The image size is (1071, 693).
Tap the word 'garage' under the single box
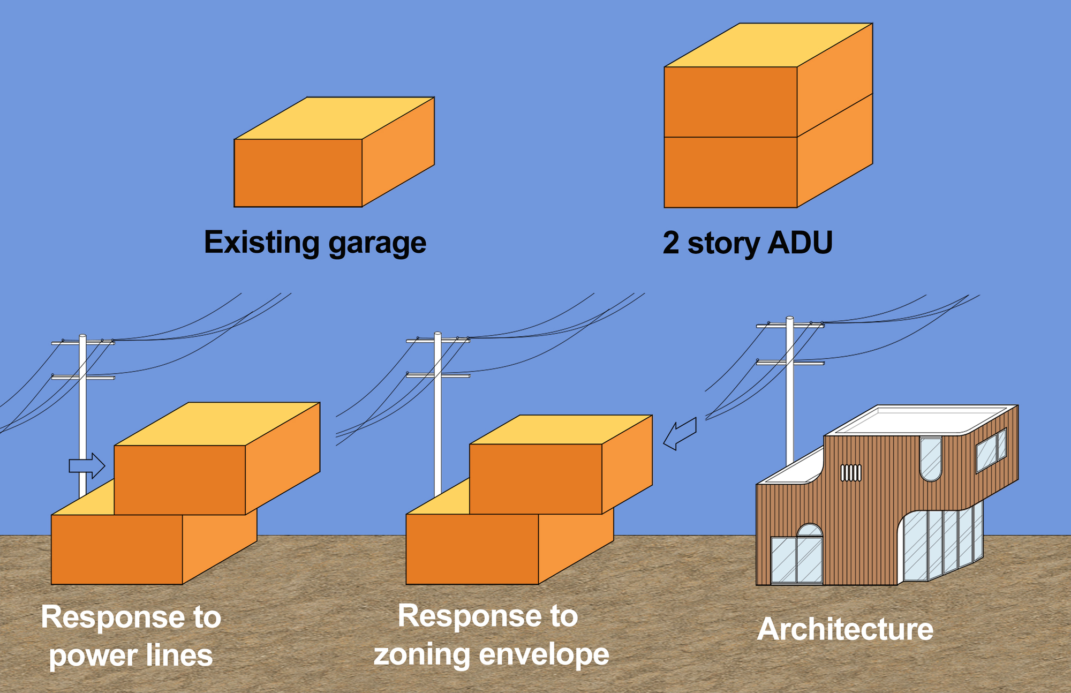coord(377,244)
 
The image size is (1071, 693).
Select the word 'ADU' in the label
coord(800,243)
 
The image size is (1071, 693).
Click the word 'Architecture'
coord(845,629)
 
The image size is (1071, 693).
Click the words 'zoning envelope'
coord(491,654)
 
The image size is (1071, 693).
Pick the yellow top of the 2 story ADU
coord(768,45)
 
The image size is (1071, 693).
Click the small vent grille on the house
coord(851,473)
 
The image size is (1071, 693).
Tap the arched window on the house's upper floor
coord(931,458)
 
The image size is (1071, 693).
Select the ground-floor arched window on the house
coord(810,530)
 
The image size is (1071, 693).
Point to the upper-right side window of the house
coord(991,450)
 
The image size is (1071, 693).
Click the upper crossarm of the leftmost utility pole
coord(83,343)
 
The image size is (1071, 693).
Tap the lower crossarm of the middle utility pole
coord(438,375)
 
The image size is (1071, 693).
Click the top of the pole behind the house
coord(790,319)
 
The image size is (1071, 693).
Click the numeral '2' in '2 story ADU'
coord(671,243)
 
